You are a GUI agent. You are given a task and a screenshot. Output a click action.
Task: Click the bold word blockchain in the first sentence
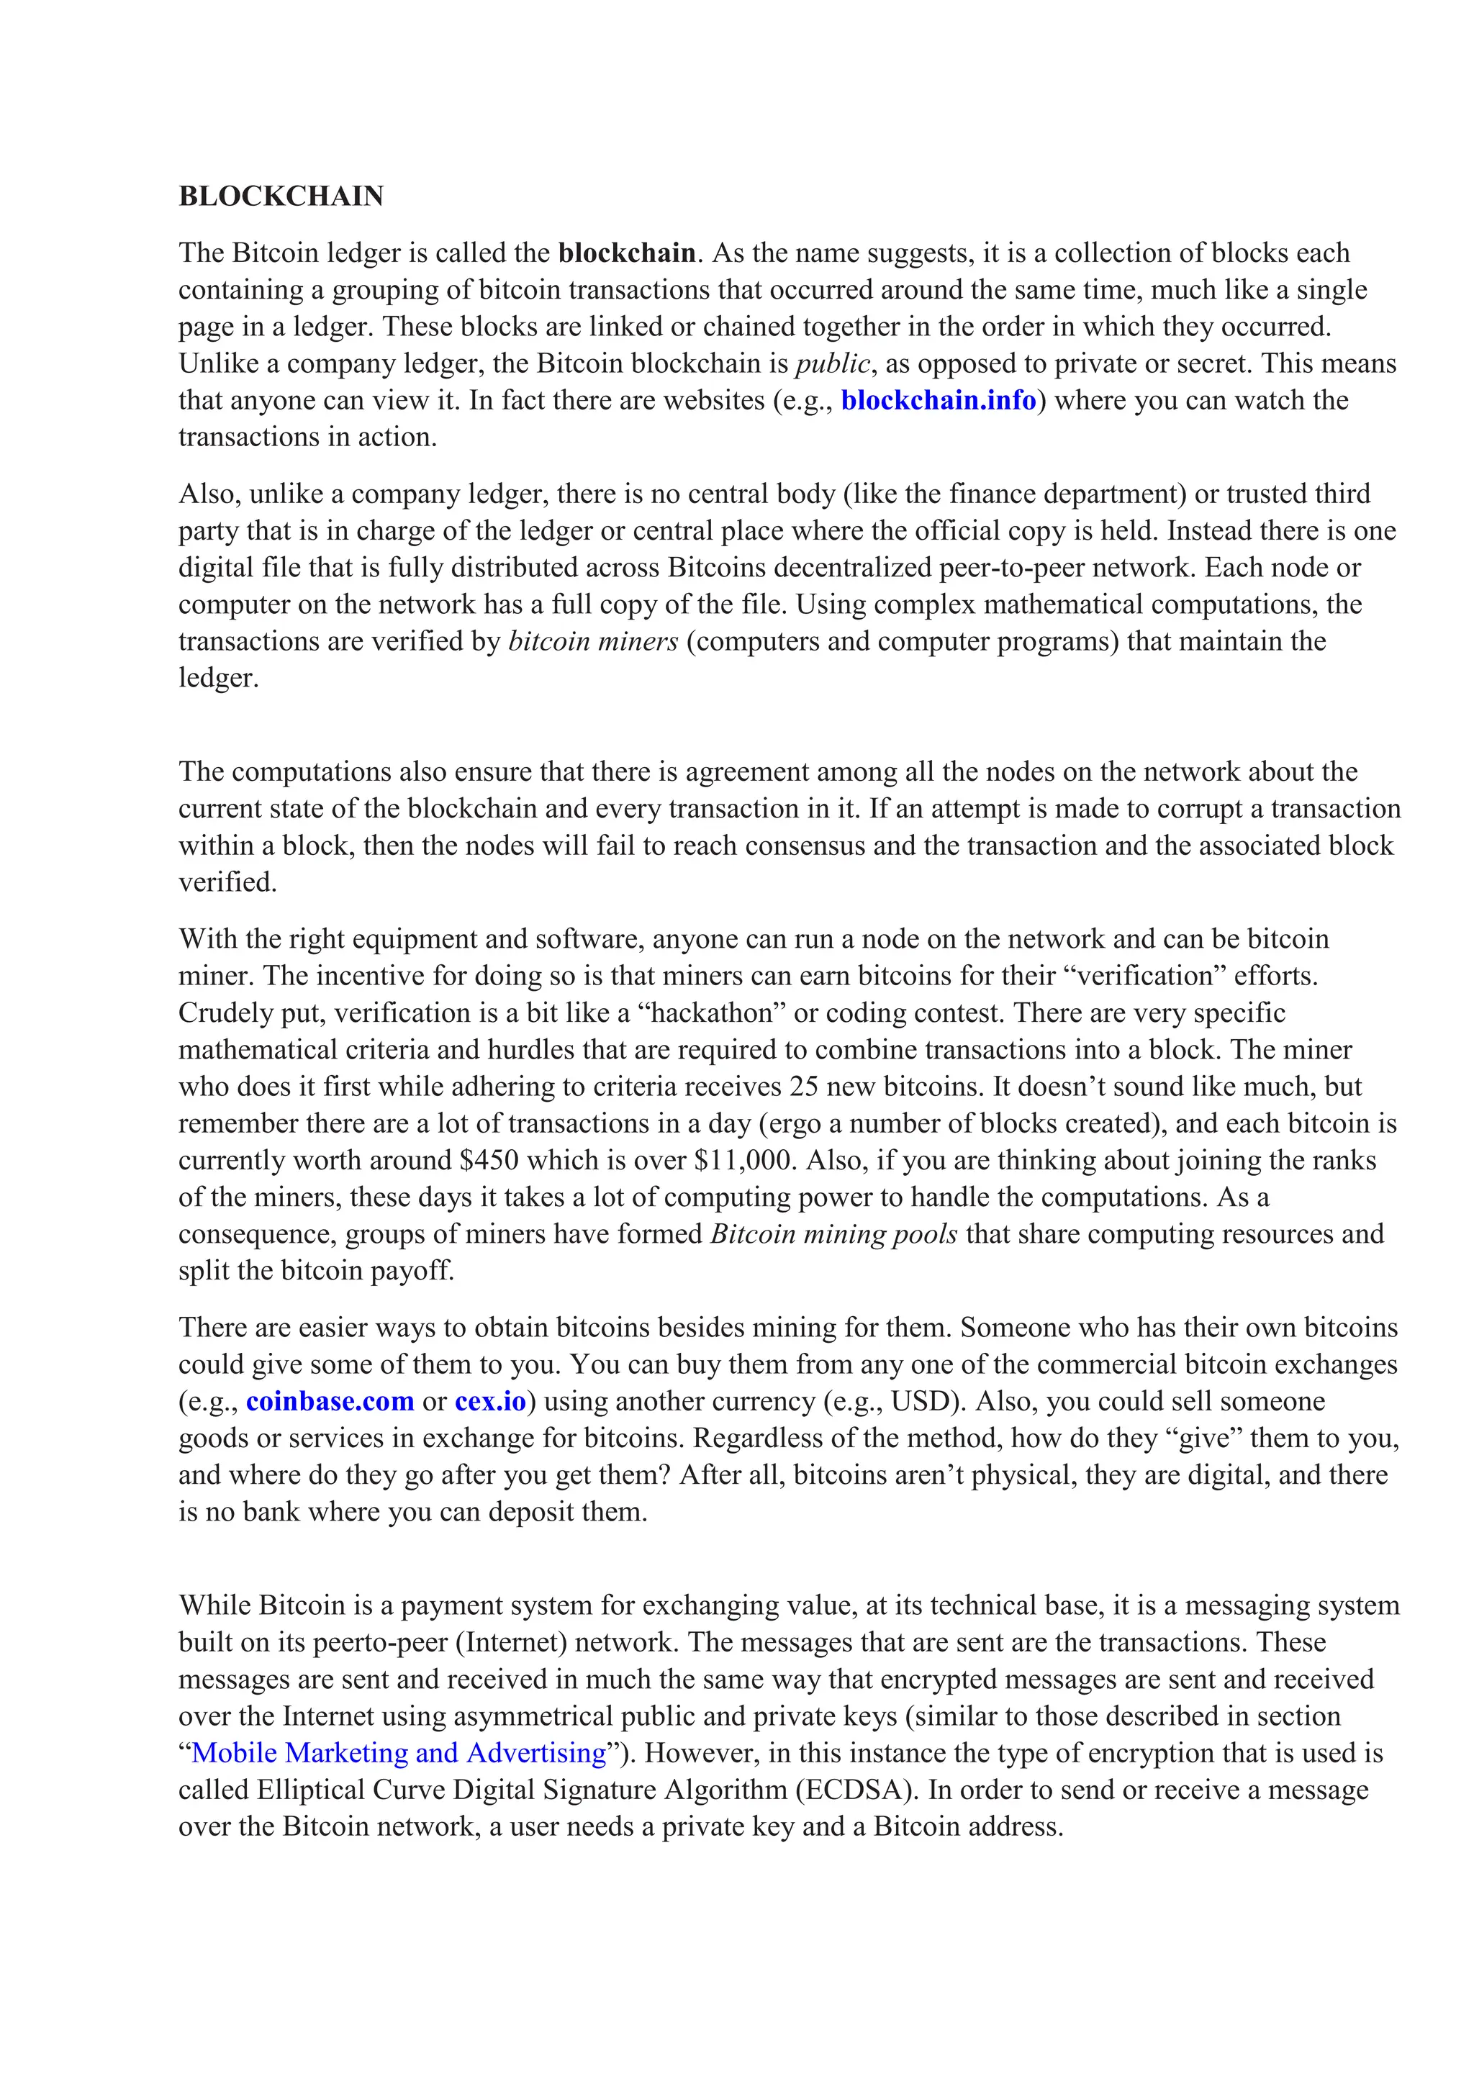(627, 253)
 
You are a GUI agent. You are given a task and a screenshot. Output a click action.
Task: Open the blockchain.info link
(939, 400)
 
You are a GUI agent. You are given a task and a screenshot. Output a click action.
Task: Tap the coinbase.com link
(330, 1401)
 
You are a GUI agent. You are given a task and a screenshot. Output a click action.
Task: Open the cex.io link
(490, 1401)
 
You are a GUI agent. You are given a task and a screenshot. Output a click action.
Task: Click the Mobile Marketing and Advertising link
(399, 1753)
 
